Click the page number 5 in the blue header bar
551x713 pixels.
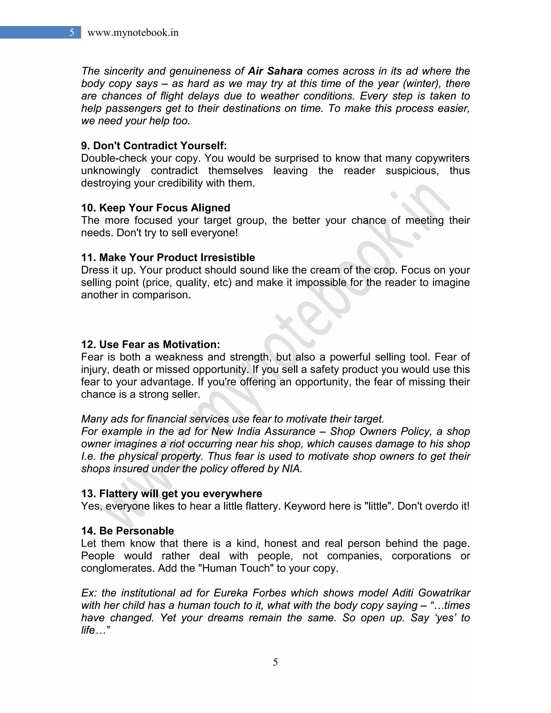point(72,32)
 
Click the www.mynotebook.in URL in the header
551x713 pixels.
point(133,33)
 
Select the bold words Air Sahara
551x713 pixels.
point(275,71)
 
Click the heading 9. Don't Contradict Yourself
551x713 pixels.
point(154,146)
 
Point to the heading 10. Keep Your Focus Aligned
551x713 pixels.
point(156,208)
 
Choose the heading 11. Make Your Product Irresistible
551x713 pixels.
point(168,257)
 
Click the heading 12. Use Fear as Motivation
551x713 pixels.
point(150,344)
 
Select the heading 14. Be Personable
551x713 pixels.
point(128,531)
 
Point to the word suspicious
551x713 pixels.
point(412,170)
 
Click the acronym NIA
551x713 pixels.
point(292,468)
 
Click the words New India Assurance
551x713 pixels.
point(263,431)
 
